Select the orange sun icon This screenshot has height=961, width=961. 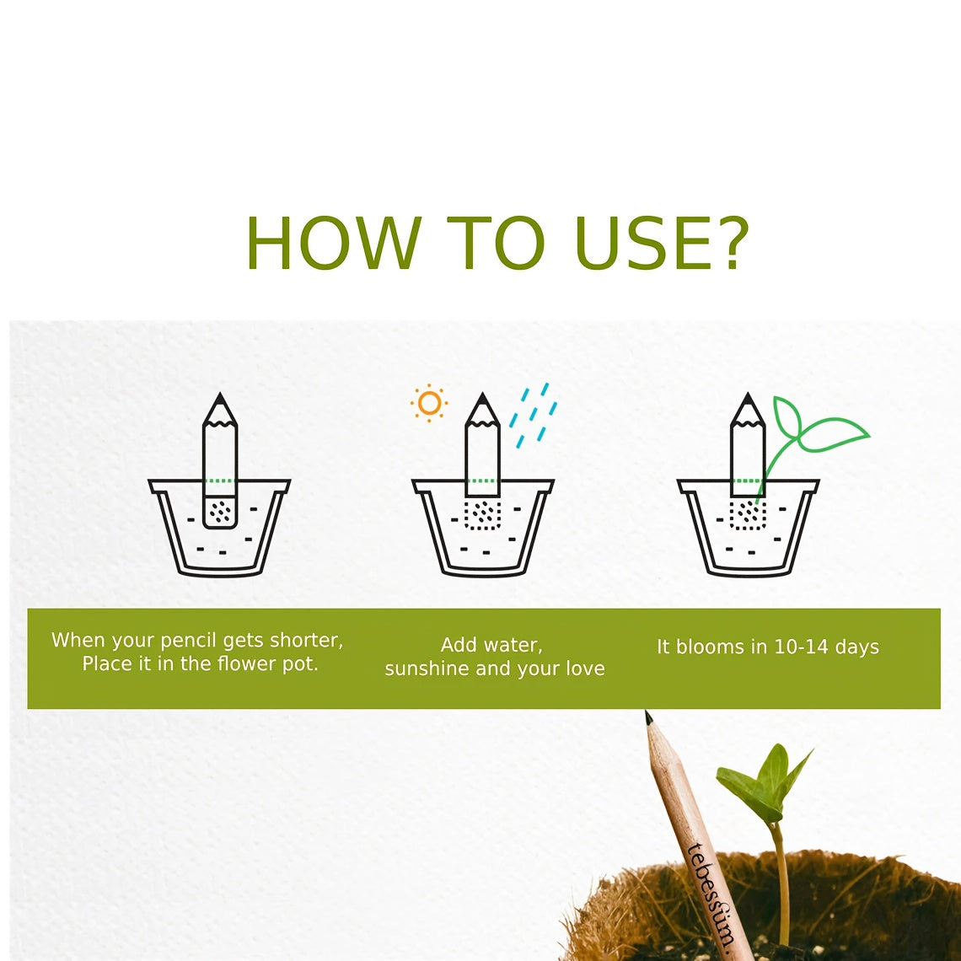coord(429,403)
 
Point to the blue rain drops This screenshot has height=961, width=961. coord(534,415)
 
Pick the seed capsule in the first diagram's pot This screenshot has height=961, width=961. coord(220,513)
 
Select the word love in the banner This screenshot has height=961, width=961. coord(585,668)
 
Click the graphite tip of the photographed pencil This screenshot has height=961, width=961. coord(648,717)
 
